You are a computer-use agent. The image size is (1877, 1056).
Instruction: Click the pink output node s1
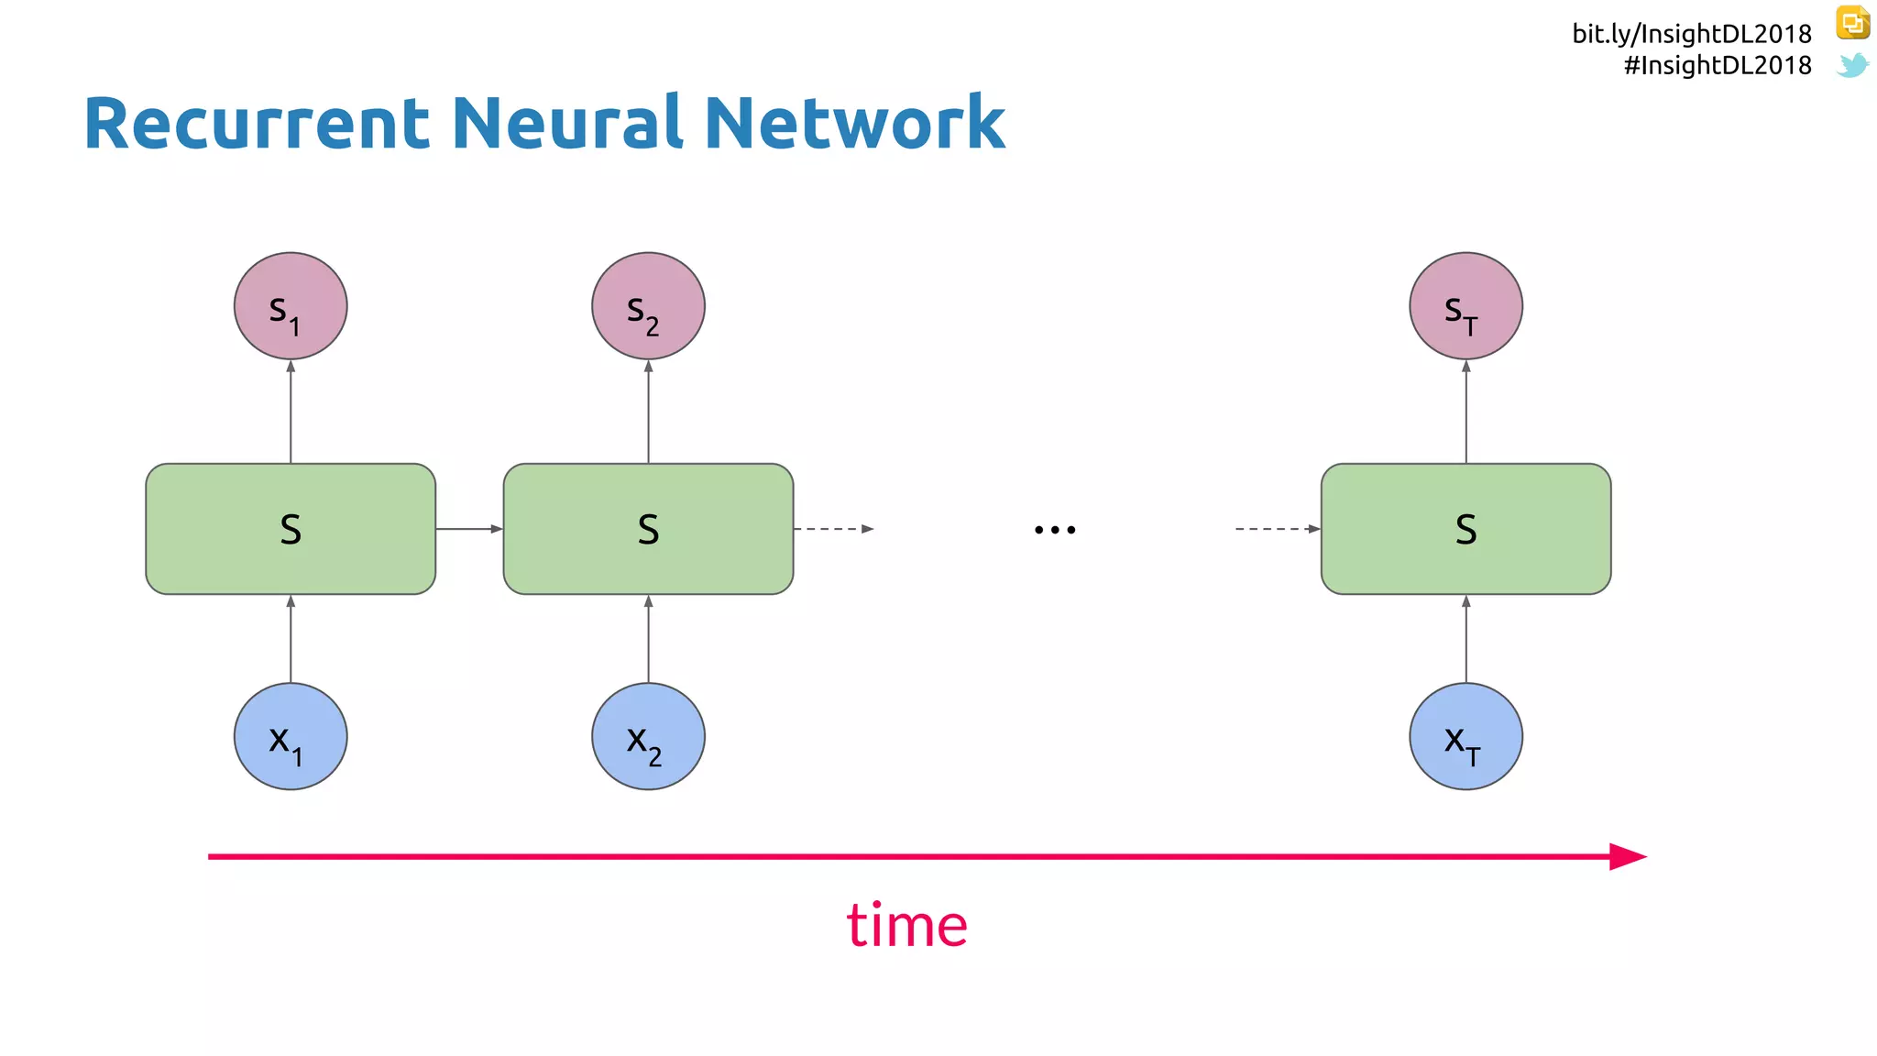tap(291, 306)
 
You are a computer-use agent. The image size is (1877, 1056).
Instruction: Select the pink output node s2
tap(648, 306)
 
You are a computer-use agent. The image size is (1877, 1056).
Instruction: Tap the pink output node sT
tap(1465, 306)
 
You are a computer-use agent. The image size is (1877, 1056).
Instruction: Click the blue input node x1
tap(291, 736)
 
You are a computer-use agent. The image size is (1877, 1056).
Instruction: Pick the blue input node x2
tap(648, 736)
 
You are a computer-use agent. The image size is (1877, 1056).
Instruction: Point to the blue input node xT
tap(1465, 736)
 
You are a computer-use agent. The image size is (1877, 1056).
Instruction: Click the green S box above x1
tap(291, 529)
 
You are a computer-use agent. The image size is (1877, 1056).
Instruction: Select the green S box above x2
tap(648, 529)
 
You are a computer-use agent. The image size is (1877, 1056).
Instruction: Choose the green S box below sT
tap(1465, 529)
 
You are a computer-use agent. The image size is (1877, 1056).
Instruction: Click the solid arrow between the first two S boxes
tap(469, 529)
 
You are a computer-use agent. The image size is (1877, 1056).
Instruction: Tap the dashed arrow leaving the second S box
tap(833, 529)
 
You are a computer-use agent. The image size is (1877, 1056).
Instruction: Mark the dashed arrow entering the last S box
tap(1278, 529)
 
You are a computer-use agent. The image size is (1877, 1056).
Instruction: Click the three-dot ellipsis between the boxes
tap(1055, 530)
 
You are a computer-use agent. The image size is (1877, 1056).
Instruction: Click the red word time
tap(906, 925)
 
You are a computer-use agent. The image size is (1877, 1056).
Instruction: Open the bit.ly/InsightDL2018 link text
tap(1692, 34)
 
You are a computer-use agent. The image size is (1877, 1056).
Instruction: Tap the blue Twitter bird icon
tap(1852, 65)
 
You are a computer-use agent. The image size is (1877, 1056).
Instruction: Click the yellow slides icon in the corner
tap(1852, 23)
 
